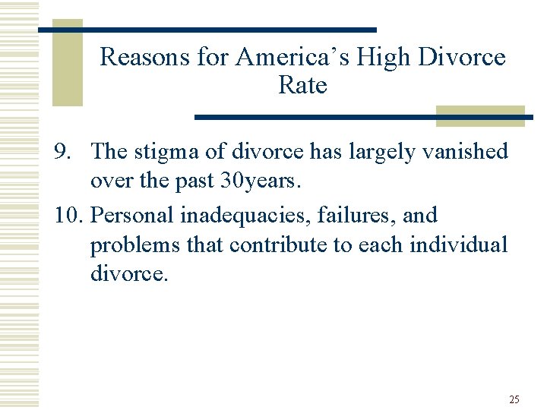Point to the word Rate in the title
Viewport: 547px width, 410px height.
302,86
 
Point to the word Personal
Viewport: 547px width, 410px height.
132,216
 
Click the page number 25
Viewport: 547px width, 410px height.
514,399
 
